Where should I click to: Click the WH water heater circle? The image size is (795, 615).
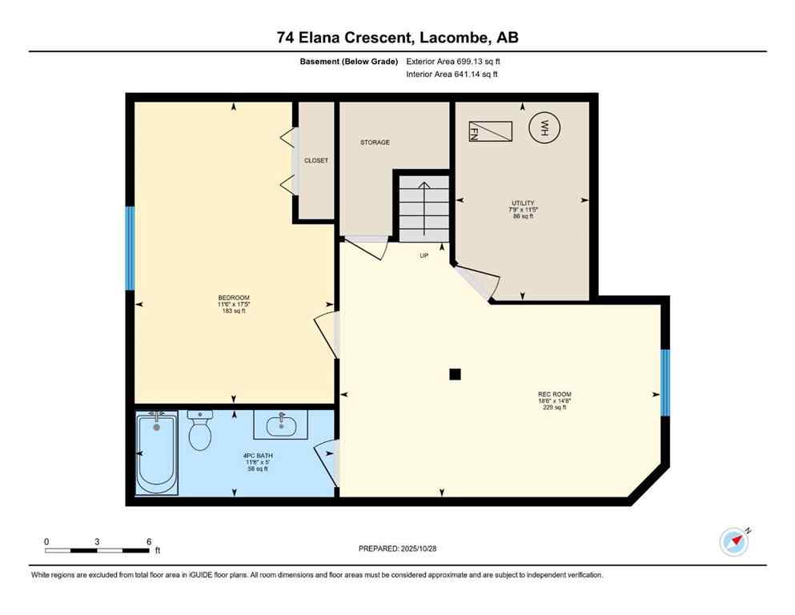544,128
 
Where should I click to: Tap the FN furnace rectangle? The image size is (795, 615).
490,131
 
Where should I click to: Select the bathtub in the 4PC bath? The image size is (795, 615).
156,454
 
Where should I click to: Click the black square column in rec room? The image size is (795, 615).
455,373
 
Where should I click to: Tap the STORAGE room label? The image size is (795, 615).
375,143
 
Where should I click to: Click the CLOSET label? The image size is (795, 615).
315,161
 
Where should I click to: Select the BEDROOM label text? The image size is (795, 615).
234,298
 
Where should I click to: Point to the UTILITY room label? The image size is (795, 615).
523,203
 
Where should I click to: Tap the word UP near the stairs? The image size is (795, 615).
424,256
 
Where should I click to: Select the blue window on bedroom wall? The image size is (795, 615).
130,248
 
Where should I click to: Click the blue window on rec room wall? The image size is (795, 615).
665,383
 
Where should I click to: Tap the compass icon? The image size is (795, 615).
733,541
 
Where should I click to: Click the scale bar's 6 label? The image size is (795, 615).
149,541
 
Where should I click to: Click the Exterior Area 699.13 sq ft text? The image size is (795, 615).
453,61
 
